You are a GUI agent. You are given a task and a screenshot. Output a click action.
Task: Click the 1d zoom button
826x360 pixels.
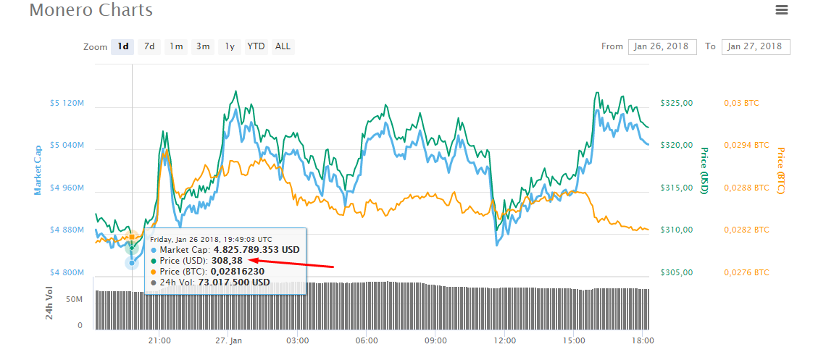(x=122, y=46)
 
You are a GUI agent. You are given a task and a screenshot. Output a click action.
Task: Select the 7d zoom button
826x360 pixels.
(x=149, y=46)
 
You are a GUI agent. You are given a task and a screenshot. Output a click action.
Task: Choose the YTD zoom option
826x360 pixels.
(x=256, y=46)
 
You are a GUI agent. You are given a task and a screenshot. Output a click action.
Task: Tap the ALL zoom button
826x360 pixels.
(x=283, y=46)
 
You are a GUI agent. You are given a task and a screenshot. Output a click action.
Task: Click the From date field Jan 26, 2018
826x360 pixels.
(x=662, y=46)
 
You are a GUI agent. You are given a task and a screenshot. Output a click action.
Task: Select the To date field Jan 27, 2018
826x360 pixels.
(x=756, y=46)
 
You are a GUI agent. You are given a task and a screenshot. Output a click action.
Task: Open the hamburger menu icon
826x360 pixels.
(x=782, y=9)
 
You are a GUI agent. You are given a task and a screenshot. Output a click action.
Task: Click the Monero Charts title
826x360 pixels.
(x=91, y=9)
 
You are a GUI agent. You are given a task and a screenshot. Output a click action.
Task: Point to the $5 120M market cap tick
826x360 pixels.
(x=67, y=103)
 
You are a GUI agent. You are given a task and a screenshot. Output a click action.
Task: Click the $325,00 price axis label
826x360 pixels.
(x=677, y=103)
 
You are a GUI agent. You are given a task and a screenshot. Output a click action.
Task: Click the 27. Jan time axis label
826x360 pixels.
(x=229, y=340)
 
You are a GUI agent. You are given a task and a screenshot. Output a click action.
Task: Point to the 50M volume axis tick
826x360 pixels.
(x=75, y=299)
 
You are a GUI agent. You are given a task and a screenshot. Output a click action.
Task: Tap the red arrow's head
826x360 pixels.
(x=250, y=260)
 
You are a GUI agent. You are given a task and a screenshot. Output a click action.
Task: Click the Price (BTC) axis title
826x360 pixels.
(x=780, y=170)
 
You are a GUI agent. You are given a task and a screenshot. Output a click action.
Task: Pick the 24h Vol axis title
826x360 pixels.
(x=49, y=304)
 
